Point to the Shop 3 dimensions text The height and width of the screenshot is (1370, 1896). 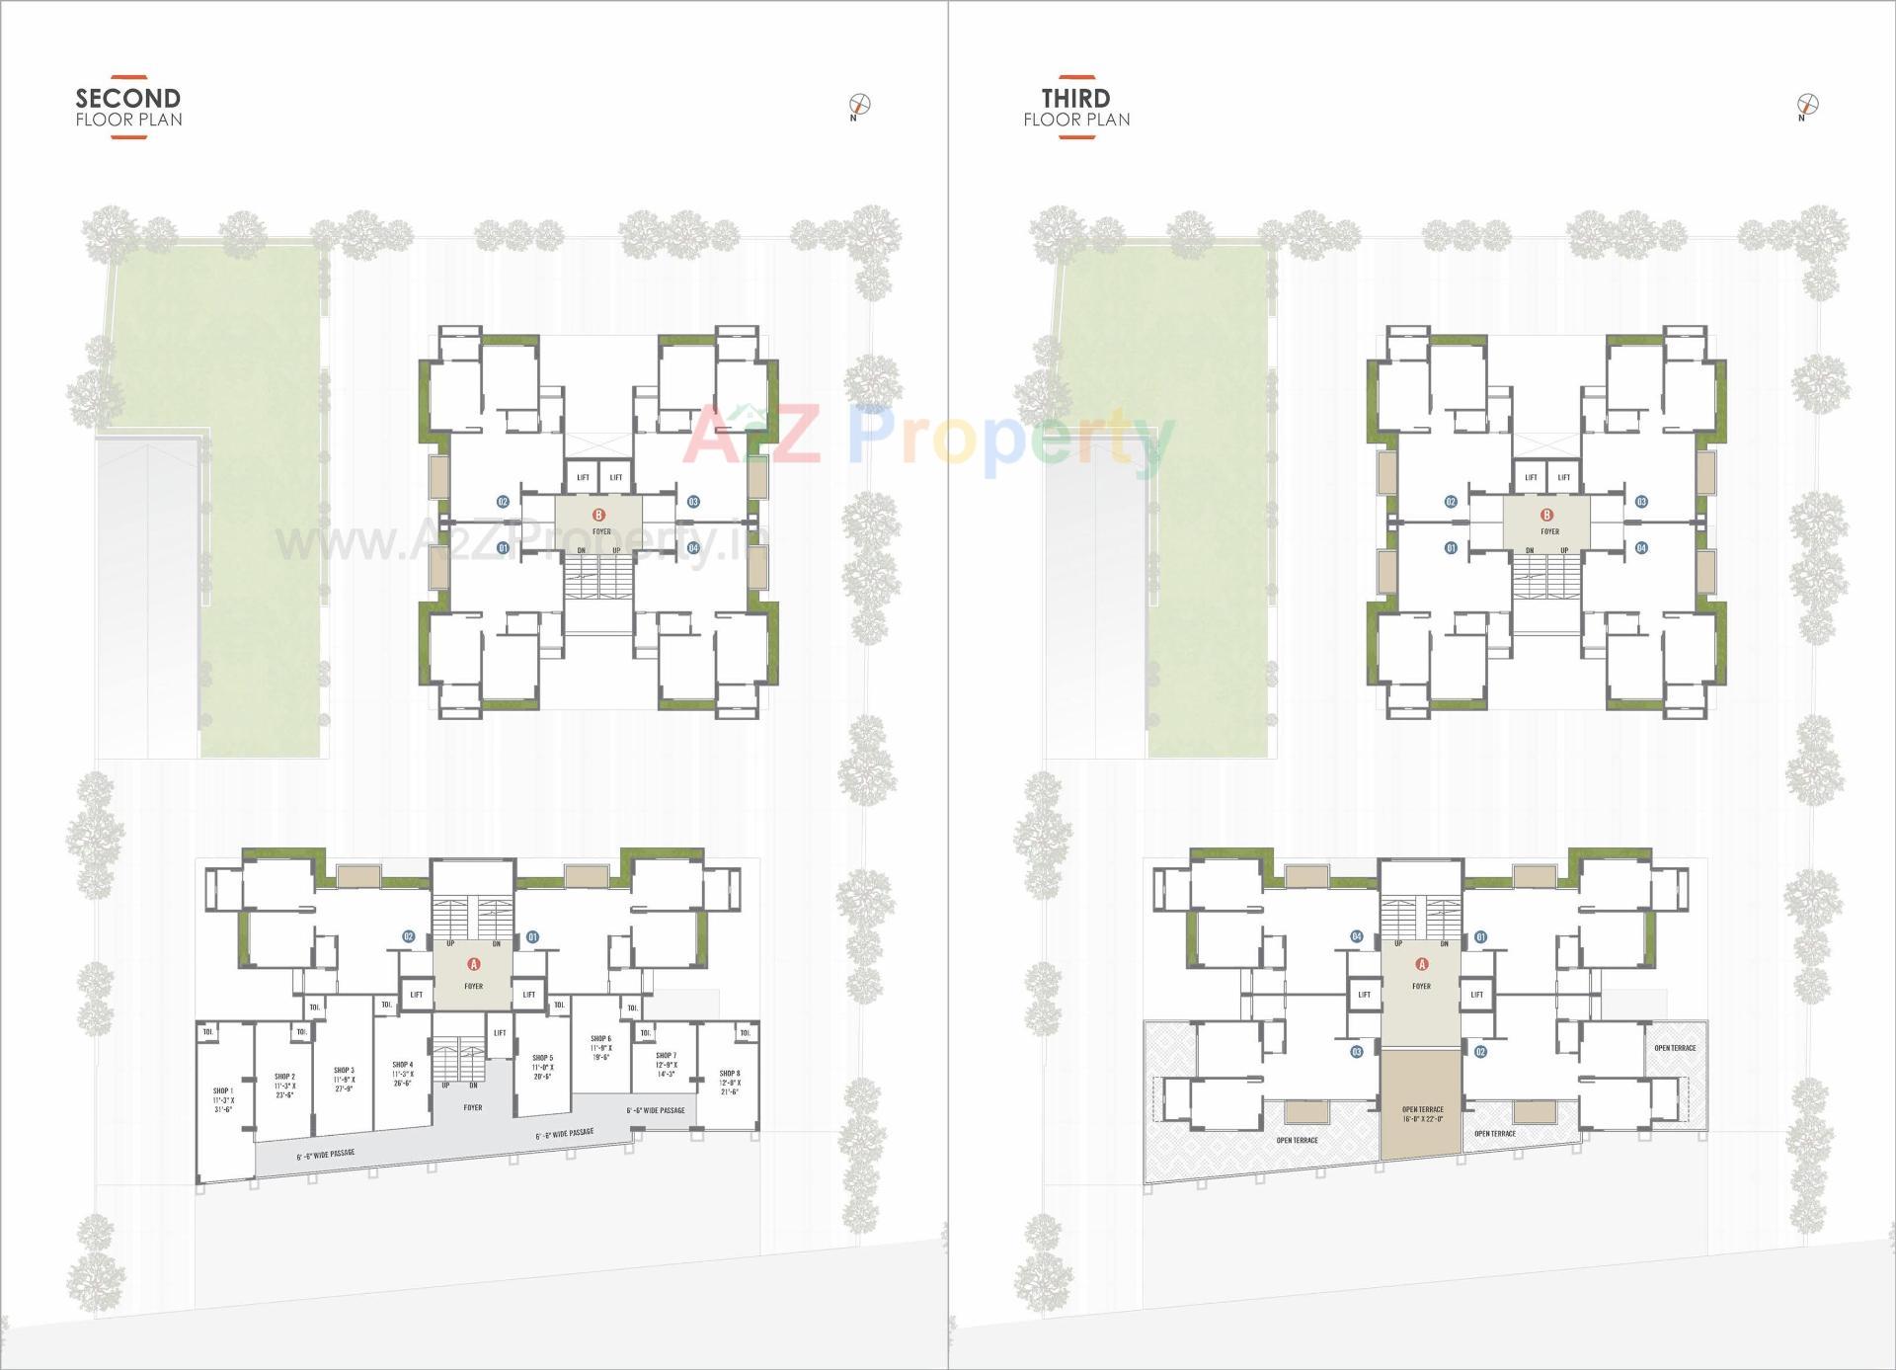pos(344,1084)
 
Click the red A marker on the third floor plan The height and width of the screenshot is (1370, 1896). pos(1422,964)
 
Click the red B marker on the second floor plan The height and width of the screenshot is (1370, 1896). pos(598,515)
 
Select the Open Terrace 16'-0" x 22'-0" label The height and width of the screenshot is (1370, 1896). pos(1422,1113)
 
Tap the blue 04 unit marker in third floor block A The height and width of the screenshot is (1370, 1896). pos(1357,936)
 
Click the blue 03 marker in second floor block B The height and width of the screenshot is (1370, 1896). pos(693,502)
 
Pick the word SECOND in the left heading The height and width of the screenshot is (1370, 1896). pos(128,98)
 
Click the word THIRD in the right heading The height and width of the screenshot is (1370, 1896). pos(1075,98)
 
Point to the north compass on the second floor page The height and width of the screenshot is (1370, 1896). pos(860,104)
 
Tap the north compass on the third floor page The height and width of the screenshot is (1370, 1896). pos(1808,104)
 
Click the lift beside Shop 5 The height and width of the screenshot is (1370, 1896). pos(500,1032)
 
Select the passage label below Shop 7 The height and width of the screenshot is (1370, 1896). pos(656,1110)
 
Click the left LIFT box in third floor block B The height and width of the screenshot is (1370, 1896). pos(1531,477)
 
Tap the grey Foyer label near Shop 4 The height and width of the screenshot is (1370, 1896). pos(473,1107)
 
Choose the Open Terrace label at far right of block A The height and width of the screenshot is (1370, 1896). pos(1675,1048)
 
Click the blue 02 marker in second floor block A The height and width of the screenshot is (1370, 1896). pos(408,936)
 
